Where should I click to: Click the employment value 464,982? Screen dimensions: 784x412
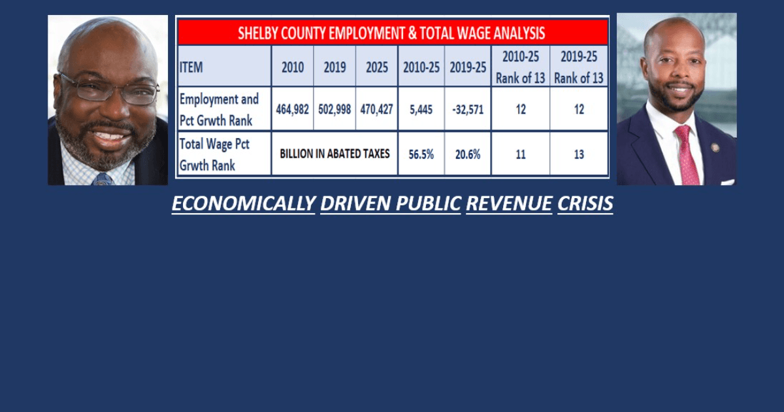click(x=292, y=110)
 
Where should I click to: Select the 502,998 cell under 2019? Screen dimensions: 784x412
click(x=335, y=110)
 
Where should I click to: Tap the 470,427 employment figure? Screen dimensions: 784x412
click(x=376, y=110)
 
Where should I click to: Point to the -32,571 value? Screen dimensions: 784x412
click(x=468, y=110)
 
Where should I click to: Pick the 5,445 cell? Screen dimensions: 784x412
click(x=421, y=110)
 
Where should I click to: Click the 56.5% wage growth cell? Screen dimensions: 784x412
click(x=421, y=154)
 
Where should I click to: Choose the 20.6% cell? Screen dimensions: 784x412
click(x=468, y=154)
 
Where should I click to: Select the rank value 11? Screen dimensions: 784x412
click(x=521, y=154)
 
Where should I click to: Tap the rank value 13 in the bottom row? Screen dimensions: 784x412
click(x=579, y=154)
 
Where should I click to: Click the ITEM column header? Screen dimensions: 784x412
click(x=191, y=67)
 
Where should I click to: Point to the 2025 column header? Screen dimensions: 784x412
click(x=376, y=67)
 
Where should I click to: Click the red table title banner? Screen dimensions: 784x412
click(x=393, y=33)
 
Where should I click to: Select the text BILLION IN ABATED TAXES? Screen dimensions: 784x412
click(x=335, y=154)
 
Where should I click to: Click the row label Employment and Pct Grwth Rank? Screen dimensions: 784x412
click(x=219, y=110)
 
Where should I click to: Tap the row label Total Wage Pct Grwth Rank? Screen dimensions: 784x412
click(x=214, y=154)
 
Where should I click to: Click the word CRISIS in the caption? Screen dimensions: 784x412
click(x=585, y=203)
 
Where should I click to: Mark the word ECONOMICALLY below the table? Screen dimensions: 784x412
click(x=244, y=203)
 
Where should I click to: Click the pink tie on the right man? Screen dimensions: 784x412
click(x=687, y=155)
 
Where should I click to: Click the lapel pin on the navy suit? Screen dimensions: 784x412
click(x=715, y=148)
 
